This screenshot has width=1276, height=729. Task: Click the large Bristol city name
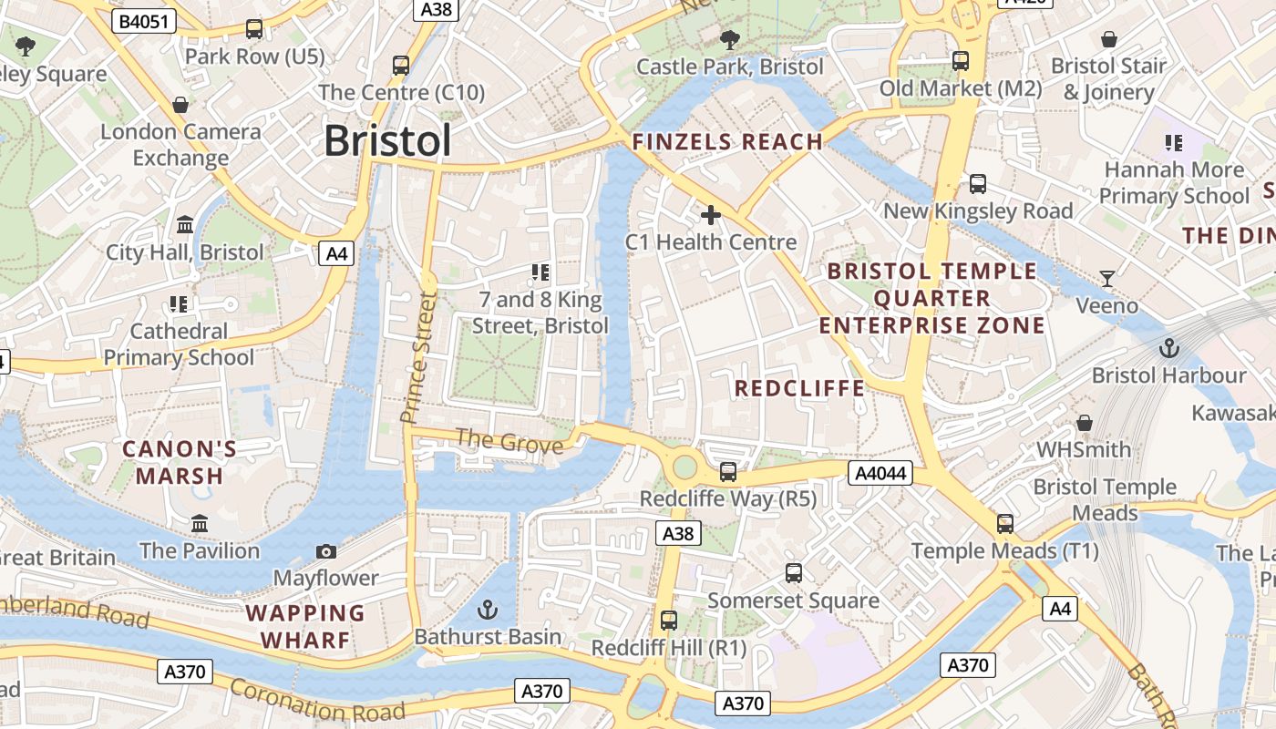coord(387,141)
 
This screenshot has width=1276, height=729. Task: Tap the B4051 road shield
coord(144,21)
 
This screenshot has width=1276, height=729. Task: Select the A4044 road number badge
coord(880,472)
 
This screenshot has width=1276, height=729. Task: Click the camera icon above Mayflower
coord(325,551)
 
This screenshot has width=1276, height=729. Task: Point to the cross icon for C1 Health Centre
coord(710,215)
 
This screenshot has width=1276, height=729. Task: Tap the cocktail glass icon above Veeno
coord(1107,278)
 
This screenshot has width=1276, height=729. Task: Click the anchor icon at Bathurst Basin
coord(489,609)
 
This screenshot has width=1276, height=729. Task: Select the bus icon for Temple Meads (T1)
coord(1005,524)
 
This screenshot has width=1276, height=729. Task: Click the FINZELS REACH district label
coord(727,141)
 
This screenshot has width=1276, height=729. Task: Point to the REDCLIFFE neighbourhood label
coord(799,388)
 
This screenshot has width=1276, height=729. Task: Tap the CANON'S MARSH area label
coord(180,462)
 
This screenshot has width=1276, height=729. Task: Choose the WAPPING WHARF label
coord(305,626)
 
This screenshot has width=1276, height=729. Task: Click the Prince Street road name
coord(418,357)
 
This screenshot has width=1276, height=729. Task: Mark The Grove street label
coord(509,442)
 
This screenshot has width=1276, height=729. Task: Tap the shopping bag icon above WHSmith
coord(1084,423)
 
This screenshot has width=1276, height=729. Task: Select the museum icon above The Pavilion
coord(200,524)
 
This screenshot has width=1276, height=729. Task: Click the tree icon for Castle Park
coord(729,39)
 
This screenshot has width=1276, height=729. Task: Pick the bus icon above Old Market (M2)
coord(960,61)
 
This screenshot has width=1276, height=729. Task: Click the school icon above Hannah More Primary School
coord(1173,142)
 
